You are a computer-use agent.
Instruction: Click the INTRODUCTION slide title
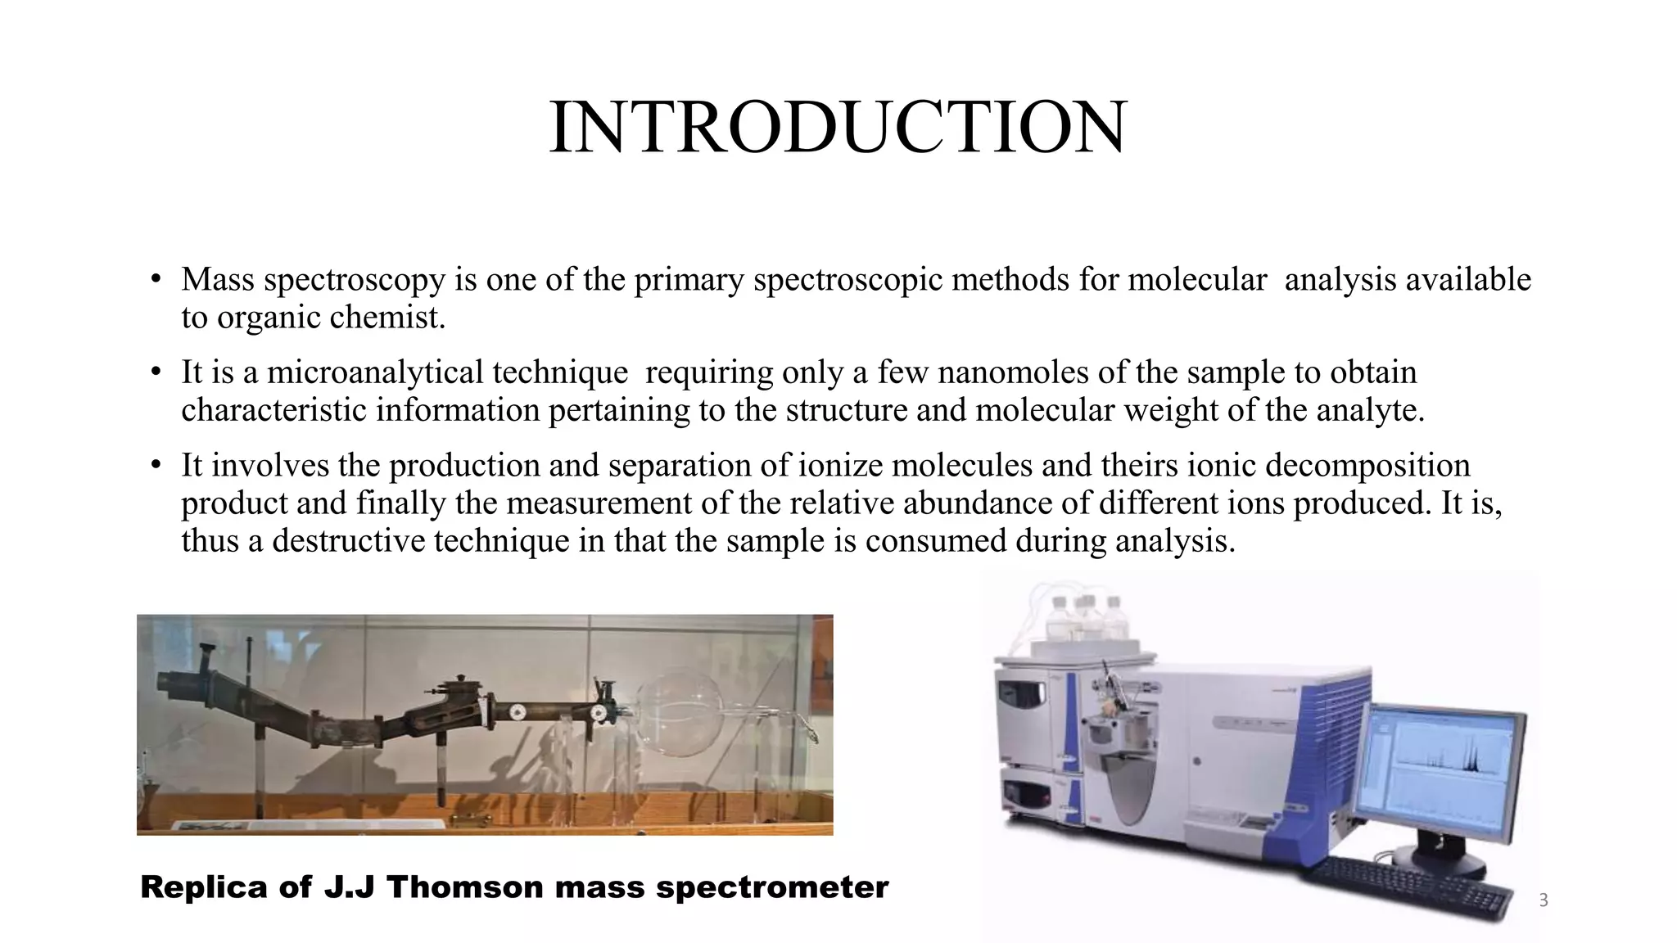tap(838, 128)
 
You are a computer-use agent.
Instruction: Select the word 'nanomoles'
tap(1012, 373)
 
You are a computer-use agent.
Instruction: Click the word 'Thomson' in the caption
tap(463, 887)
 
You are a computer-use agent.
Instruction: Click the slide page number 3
tap(1544, 900)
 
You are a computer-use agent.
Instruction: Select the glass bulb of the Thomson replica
tap(680, 711)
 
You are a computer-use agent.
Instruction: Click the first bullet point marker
tap(156, 280)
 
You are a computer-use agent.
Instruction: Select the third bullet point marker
tap(156, 466)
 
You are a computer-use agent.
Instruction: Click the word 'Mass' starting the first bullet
tap(218, 280)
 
